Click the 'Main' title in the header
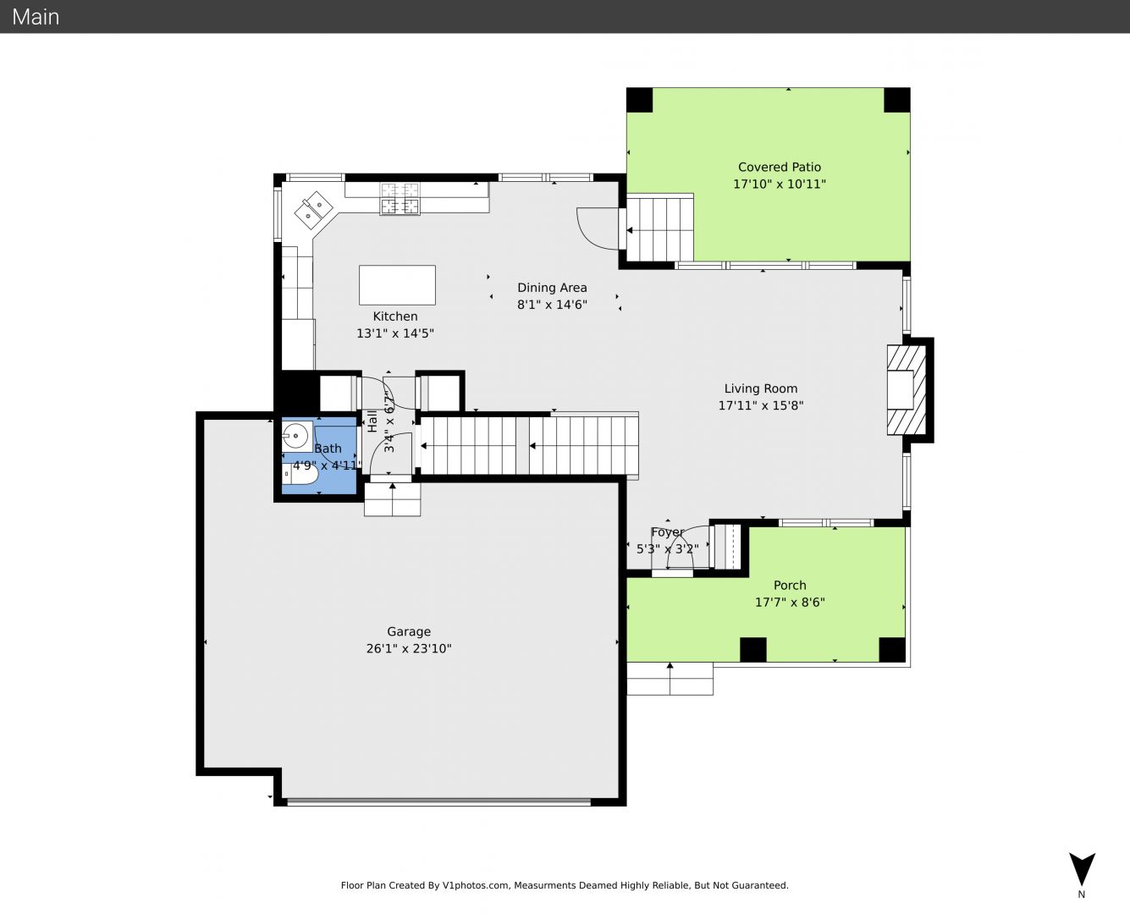coord(36,17)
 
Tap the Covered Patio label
coord(780,167)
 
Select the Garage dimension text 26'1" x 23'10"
coord(409,648)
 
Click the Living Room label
coord(761,388)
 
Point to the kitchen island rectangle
coord(397,285)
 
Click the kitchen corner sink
coord(314,210)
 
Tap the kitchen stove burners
coord(400,199)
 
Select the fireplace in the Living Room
coord(907,390)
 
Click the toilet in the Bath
coord(300,474)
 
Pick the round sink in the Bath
coord(296,437)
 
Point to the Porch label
coord(790,586)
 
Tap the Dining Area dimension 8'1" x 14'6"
coord(552,305)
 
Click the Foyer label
coord(667,532)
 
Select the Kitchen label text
coord(395,317)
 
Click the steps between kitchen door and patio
coord(660,228)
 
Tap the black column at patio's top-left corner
coord(639,100)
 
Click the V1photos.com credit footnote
coord(565,885)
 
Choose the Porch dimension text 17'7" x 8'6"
coord(790,603)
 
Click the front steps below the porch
coord(670,679)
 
